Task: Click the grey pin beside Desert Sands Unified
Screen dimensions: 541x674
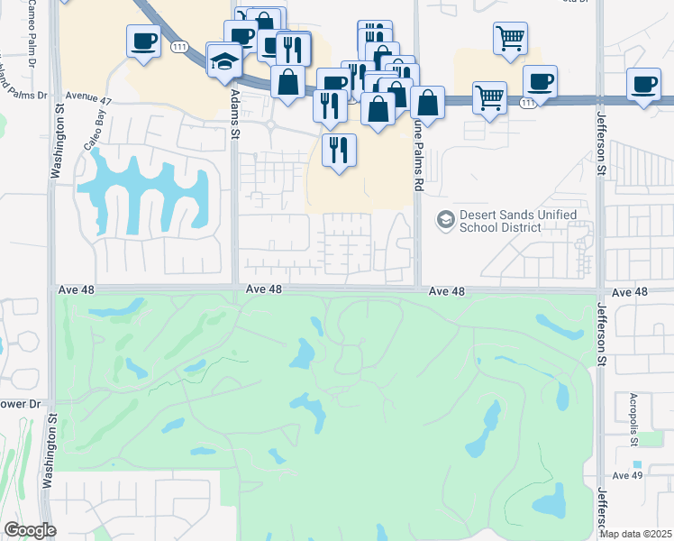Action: pos(445,219)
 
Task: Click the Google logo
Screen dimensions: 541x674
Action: pos(30,530)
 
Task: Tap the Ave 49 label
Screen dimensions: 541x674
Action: pos(625,475)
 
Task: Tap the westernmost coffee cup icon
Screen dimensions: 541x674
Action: pos(144,41)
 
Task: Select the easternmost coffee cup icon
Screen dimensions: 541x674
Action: pos(644,85)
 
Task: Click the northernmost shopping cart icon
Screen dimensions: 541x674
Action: pos(510,39)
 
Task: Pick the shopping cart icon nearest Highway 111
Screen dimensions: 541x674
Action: pos(489,96)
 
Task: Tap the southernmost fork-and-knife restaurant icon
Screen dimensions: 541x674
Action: pos(338,149)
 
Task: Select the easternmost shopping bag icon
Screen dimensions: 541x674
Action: pos(428,103)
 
